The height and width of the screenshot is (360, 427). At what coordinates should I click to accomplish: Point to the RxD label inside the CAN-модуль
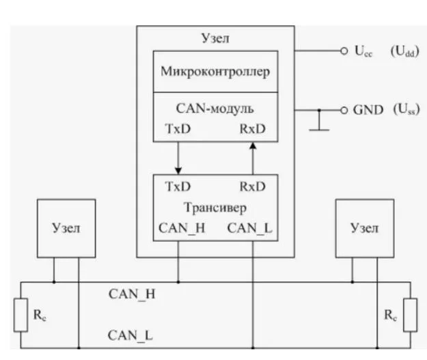[252, 127]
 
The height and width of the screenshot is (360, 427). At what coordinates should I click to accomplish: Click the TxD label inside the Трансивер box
[178, 186]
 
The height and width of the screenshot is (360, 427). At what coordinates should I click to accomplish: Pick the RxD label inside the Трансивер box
[252, 186]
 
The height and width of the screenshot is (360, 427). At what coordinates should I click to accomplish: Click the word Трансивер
[215, 207]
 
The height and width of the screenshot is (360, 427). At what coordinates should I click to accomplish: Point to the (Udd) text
[404, 52]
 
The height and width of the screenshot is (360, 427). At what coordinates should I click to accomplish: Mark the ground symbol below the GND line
[318, 127]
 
